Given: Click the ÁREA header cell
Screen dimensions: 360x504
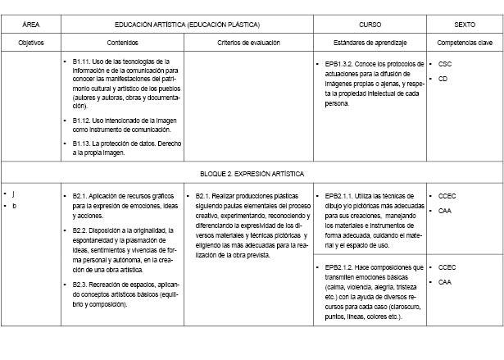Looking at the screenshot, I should pos(31,25).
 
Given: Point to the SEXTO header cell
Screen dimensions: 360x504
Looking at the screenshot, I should pos(464,25).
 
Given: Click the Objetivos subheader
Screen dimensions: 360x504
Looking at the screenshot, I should pos(31,42).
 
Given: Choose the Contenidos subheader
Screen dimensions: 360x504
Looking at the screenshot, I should pos(122,42).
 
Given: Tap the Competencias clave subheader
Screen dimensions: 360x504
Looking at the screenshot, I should pos(464,42).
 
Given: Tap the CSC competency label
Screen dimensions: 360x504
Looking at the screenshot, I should pos(445,63).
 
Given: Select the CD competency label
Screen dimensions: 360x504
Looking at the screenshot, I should pos(443,80).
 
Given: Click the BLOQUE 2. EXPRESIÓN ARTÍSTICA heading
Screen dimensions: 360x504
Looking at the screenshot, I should pos(252,174).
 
